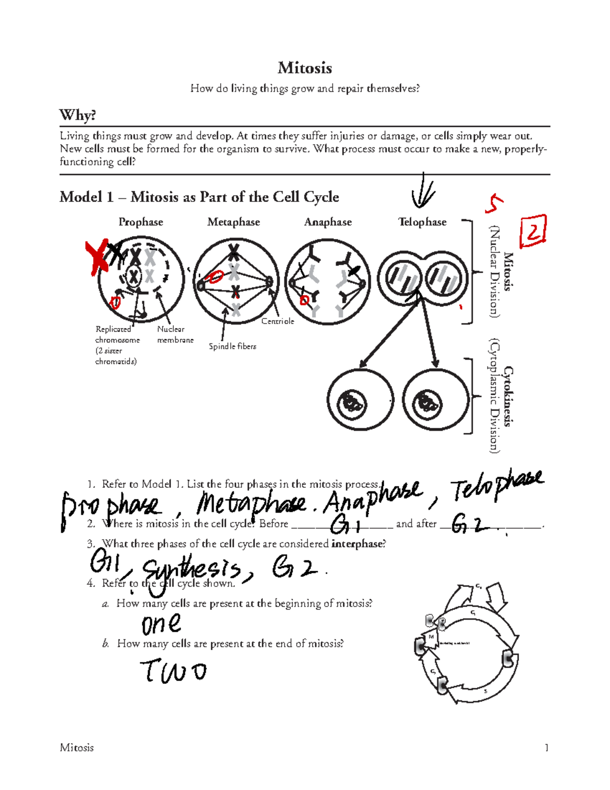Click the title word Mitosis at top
(304, 68)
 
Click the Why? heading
(77, 115)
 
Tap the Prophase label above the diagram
(140, 222)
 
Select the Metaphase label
(233, 222)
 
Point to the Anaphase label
(328, 222)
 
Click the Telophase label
(422, 222)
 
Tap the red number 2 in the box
(533, 232)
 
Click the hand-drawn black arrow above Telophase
(422, 191)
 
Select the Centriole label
(278, 321)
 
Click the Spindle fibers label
(232, 346)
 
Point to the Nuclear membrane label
(175, 334)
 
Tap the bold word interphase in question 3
(356, 544)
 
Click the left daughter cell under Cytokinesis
(360, 401)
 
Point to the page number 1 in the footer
(546, 747)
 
